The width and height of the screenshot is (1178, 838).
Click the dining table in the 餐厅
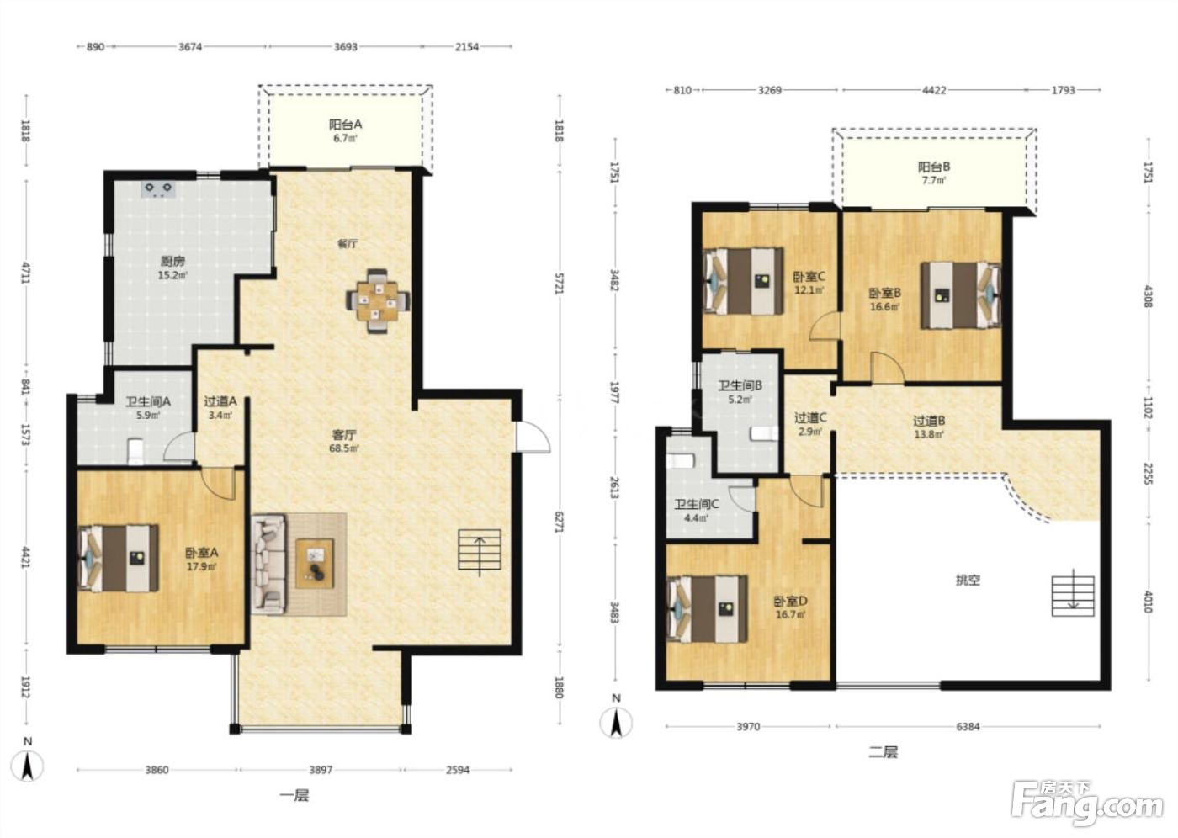tap(378, 301)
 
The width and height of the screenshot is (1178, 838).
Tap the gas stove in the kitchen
tap(158, 188)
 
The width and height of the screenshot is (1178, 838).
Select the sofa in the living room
tap(268, 564)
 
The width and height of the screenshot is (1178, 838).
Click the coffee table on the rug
tap(315, 563)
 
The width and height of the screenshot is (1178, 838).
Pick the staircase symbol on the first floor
tap(479, 549)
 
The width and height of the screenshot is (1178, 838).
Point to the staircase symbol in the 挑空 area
tap(1073, 596)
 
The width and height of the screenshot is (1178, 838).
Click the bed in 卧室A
tap(119, 558)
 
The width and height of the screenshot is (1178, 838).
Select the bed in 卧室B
tap(961, 295)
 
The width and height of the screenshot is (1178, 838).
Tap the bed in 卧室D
tap(708, 609)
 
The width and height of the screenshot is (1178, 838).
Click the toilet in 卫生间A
tap(135, 452)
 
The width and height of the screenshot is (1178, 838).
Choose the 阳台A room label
tap(346, 125)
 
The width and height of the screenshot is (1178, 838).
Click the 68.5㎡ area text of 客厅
tap(345, 448)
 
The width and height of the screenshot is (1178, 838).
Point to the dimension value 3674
tap(190, 47)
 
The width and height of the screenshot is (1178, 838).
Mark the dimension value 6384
tap(968, 727)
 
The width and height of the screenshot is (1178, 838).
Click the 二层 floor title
tap(883, 752)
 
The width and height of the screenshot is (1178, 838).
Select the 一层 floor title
tap(294, 795)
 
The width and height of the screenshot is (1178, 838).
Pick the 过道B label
tap(929, 421)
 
